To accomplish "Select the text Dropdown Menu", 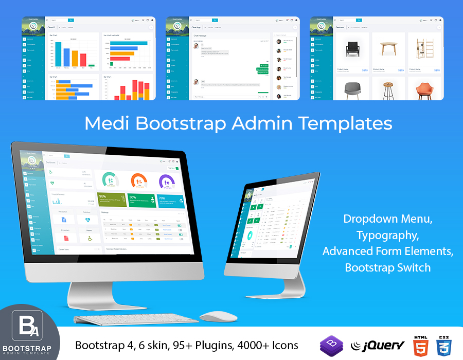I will [x=388, y=219].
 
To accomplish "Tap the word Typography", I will [x=388, y=235].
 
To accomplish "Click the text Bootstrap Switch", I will [x=388, y=267].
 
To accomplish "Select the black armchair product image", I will [x=353, y=49].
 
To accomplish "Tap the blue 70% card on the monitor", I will [x=170, y=201].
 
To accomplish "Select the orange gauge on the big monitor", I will [x=139, y=181].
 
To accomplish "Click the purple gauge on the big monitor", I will [x=167, y=181].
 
